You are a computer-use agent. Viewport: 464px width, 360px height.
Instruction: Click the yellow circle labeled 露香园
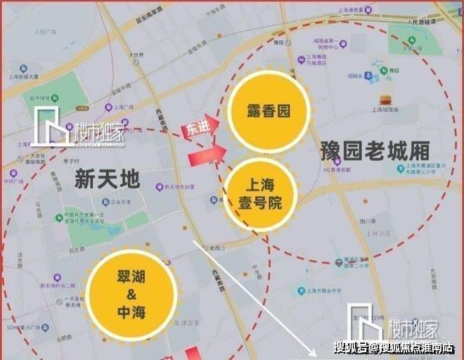(259, 112)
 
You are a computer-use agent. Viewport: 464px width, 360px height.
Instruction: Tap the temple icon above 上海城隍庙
(385, 100)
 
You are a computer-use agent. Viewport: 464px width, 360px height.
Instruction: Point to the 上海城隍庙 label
(399, 110)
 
